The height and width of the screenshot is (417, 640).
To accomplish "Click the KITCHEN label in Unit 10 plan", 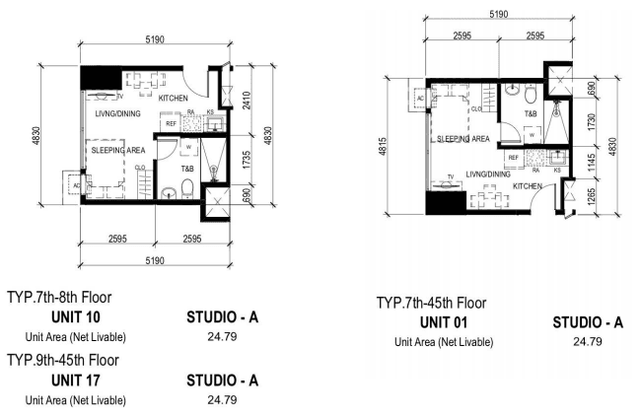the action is point(173,99).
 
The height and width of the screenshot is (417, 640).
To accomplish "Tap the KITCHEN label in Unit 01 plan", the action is point(528,186).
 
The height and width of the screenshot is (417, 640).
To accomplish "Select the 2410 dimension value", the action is point(247,100).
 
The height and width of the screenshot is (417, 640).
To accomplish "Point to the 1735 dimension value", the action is point(247,160).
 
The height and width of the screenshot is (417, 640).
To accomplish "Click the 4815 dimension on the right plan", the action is point(383,147).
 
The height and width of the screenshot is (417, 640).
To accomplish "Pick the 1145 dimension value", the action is point(592,163).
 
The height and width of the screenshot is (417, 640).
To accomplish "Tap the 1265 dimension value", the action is point(592,196).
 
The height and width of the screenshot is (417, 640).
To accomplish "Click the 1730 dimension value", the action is point(592,122).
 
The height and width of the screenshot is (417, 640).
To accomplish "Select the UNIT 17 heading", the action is point(76,381).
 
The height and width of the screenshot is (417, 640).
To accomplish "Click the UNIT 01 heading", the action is point(443,322).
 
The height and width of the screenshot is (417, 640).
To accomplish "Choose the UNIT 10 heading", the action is point(76,317).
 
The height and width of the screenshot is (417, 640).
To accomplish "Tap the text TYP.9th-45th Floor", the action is point(63,360).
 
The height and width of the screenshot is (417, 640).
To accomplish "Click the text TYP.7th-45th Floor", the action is point(431,303).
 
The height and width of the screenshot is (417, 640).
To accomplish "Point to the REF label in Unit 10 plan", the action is point(171,123).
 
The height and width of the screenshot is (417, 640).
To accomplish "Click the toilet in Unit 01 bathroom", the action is point(531,95).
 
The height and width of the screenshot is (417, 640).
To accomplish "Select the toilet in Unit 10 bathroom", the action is point(187,188).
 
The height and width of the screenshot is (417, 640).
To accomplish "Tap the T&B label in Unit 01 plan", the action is point(531,113).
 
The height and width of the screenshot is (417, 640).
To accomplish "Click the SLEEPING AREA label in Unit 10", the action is point(118,150).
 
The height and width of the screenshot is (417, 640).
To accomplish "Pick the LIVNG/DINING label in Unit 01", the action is point(488,174).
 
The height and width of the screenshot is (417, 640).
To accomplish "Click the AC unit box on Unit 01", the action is point(419,99).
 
